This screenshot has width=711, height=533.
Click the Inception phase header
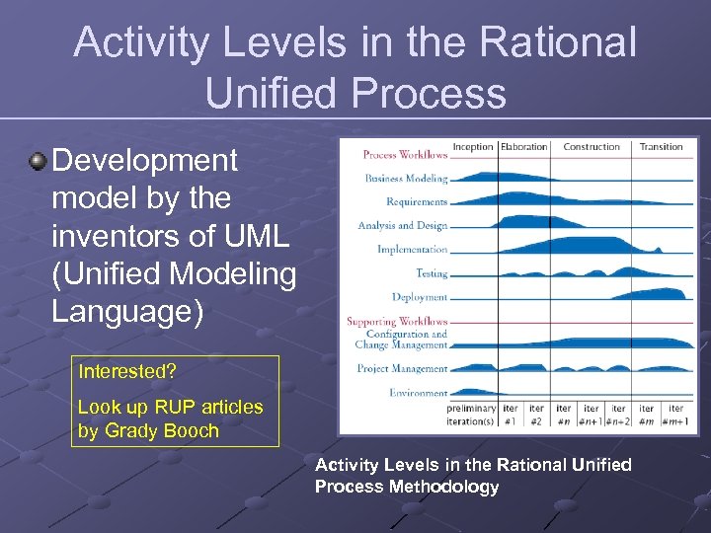coord(472,147)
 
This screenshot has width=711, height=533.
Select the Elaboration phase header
coord(523,147)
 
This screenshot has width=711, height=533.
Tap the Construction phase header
coord(592,147)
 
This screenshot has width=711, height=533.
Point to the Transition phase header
coord(661,147)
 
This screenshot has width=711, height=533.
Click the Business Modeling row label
coord(406,179)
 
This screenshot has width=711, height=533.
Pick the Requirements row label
coord(417,201)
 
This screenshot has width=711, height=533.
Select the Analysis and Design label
coord(403,225)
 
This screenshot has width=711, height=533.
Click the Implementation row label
coord(412,249)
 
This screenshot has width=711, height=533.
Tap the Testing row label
coord(432,273)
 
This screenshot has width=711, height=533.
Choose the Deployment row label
coord(420,297)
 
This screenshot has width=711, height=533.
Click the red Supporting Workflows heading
coord(397,321)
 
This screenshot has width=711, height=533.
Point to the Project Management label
coord(402,369)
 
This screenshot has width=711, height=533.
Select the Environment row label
coord(418,393)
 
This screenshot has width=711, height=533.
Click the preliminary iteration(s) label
coord(471,415)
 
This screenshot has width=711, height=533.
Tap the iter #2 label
coord(536,415)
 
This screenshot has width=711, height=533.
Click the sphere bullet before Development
coord(38,160)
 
